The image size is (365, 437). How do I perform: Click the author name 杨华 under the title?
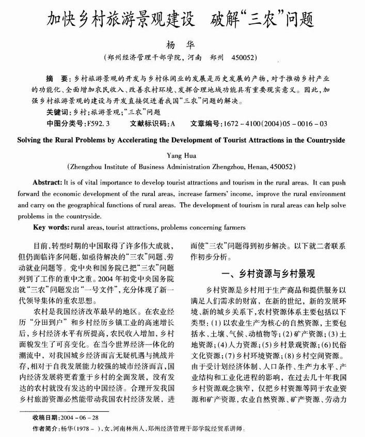point(183,43)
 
